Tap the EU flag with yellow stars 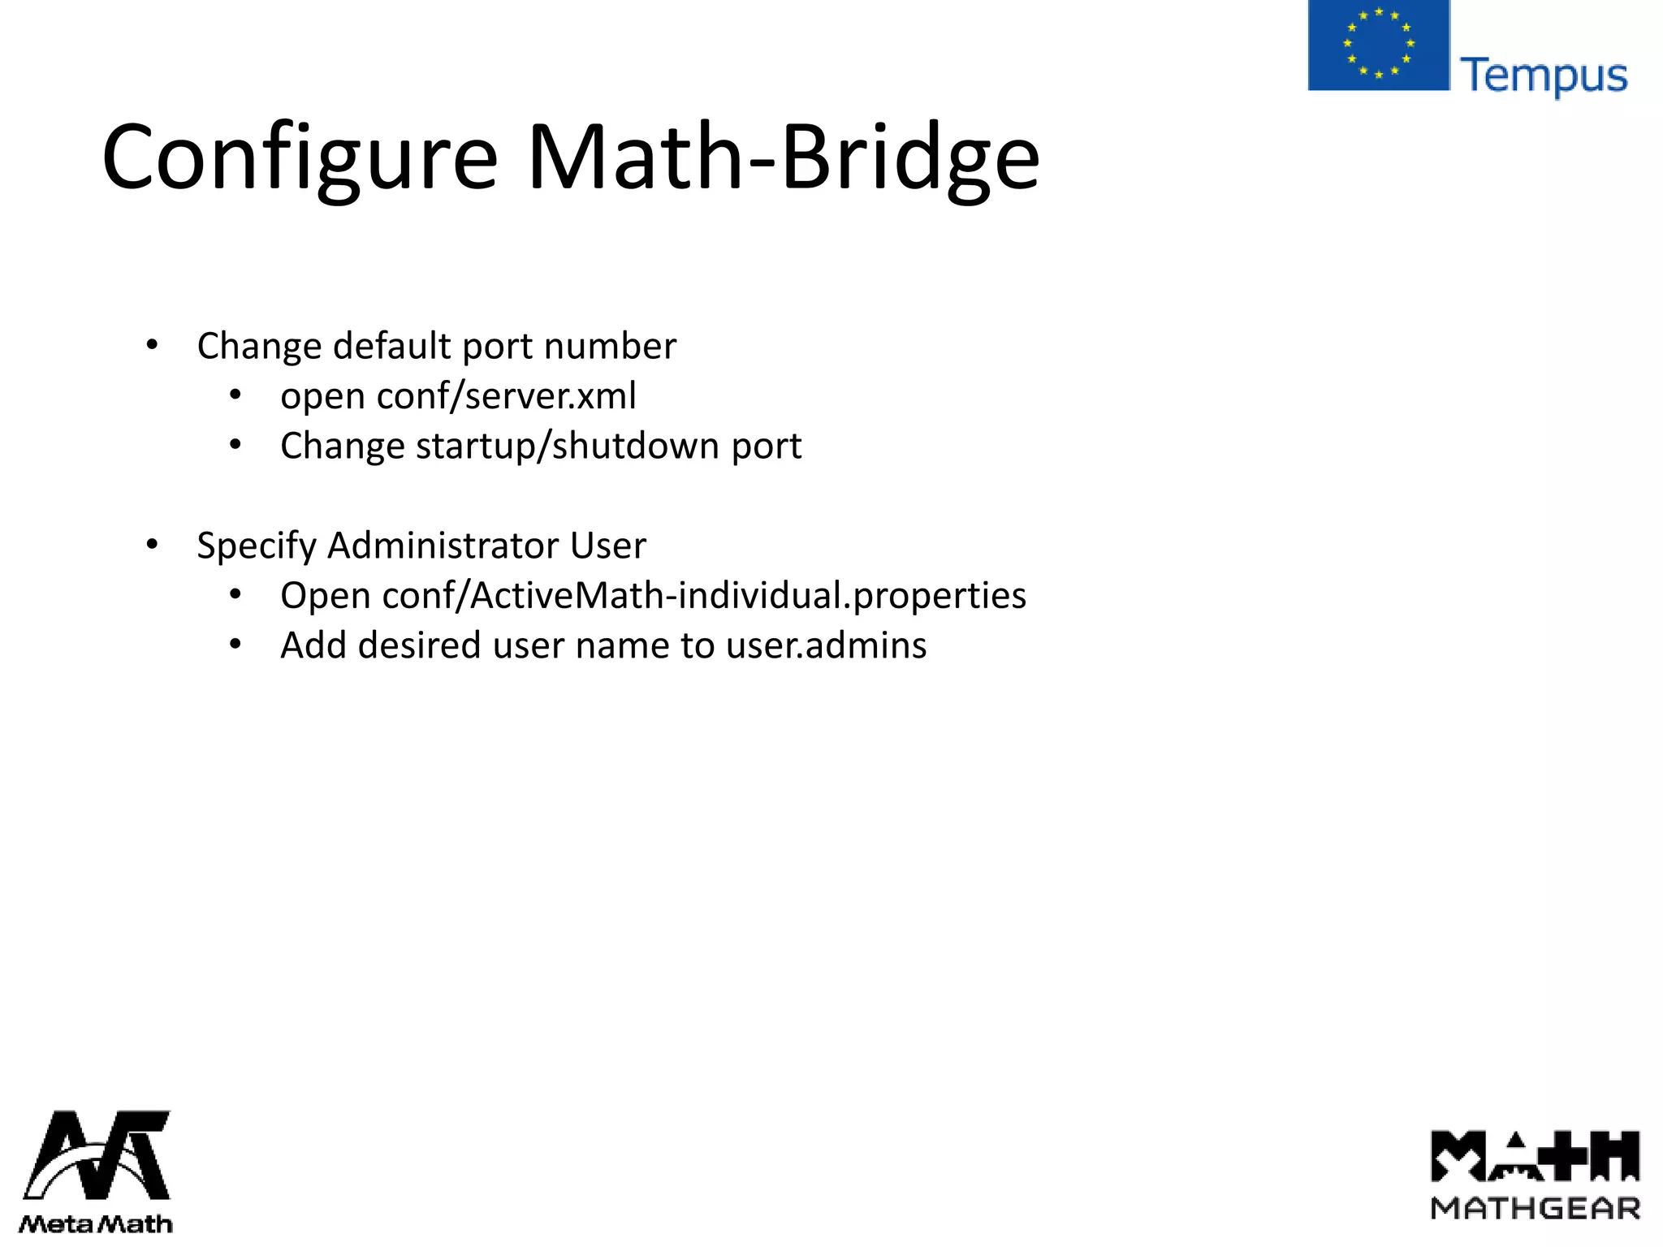1378,45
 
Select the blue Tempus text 1544,76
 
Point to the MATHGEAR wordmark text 1536,1209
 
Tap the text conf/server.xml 506,396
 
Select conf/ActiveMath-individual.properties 704,596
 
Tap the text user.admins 826,646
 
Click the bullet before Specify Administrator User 152,546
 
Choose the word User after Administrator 608,546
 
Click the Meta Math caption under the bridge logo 96,1223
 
